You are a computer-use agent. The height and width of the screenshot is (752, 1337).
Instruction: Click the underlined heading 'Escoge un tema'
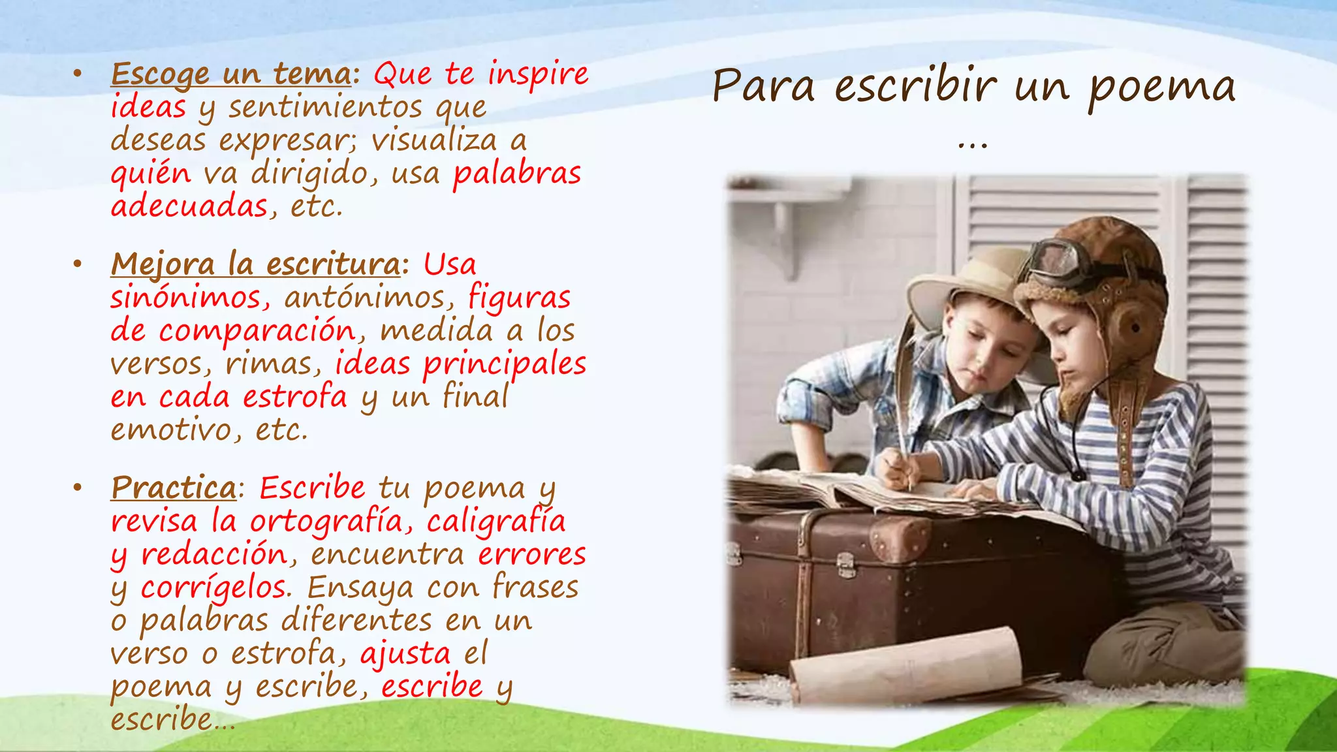tap(231, 74)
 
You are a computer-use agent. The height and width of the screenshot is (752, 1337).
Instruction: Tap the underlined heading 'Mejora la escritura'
tap(255, 264)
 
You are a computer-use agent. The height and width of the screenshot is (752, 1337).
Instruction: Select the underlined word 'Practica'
tap(174, 488)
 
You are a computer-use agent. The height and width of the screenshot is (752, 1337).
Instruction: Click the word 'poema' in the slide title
tap(1162, 88)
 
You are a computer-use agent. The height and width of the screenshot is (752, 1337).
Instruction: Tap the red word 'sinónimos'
tap(186, 298)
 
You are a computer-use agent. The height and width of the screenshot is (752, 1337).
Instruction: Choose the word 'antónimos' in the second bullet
tap(365, 298)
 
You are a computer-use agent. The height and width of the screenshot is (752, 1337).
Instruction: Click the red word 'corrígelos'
tap(214, 587)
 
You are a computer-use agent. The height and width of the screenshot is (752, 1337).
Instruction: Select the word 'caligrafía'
tap(496, 521)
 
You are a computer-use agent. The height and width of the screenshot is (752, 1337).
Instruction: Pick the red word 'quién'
tap(151, 174)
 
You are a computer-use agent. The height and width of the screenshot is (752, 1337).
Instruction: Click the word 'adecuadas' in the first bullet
tap(189, 207)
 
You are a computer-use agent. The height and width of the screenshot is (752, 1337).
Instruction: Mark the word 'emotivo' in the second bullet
tap(171, 430)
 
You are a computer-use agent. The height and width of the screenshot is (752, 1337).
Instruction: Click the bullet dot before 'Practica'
tap(78, 488)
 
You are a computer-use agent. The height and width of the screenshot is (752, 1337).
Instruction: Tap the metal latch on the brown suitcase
tap(846, 565)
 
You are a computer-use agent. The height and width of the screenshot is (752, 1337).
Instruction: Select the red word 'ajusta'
tap(405, 654)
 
